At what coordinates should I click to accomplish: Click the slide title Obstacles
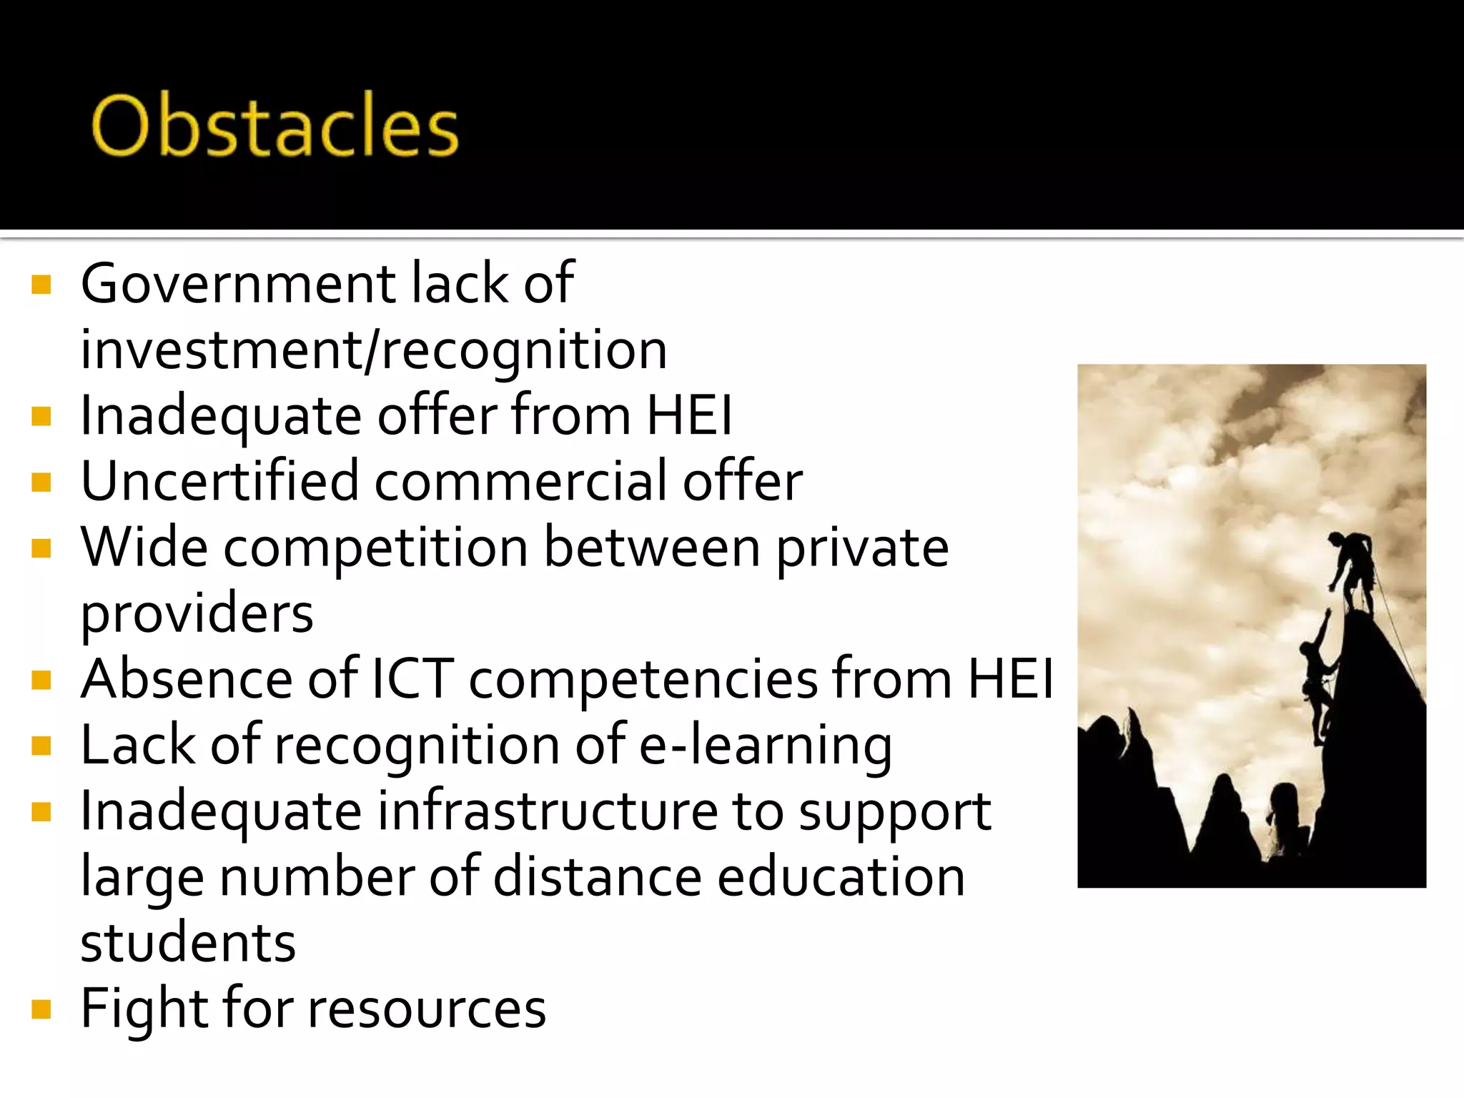[274, 126]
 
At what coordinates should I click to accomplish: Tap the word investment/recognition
[374, 350]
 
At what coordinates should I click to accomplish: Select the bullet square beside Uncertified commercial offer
[41, 483]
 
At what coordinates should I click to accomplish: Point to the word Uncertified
[219, 481]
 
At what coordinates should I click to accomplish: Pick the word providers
[197, 614]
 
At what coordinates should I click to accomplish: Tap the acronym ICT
[412, 679]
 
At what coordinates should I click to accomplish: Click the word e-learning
[765, 746]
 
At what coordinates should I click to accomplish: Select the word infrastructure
[548, 811]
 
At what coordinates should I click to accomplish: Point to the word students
[188, 943]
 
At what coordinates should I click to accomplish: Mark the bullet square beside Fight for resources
[41, 1009]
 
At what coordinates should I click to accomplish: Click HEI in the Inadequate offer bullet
[689, 415]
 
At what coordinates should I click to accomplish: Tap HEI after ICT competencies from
[1010, 679]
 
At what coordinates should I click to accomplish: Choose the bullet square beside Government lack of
[41, 285]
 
